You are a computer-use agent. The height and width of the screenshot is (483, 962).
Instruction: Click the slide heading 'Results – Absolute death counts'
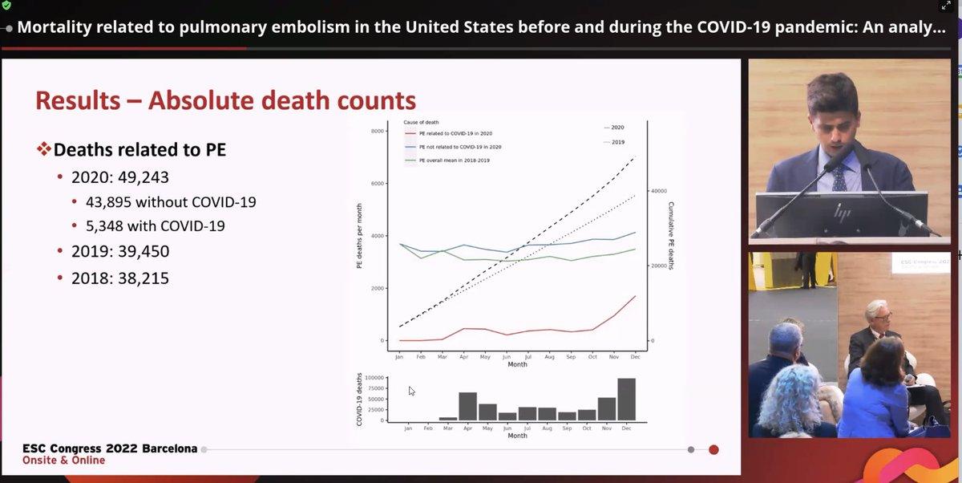[225, 100]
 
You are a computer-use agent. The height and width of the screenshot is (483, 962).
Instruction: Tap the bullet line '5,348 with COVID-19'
[155, 226]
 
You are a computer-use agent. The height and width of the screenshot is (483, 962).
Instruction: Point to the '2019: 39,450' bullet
[119, 251]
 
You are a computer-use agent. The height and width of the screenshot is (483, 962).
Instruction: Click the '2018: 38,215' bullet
[119, 278]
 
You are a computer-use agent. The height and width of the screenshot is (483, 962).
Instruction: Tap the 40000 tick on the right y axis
[659, 191]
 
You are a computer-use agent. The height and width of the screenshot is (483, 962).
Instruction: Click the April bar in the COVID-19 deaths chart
[467, 407]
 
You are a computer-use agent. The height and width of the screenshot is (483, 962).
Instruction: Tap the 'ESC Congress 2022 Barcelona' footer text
[110, 448]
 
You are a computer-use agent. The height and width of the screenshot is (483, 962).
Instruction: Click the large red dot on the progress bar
[713, 449]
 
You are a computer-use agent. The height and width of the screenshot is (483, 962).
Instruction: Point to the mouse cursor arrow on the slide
[411, 391]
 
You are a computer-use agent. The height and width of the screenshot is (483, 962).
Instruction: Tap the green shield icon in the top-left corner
[6, 6]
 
